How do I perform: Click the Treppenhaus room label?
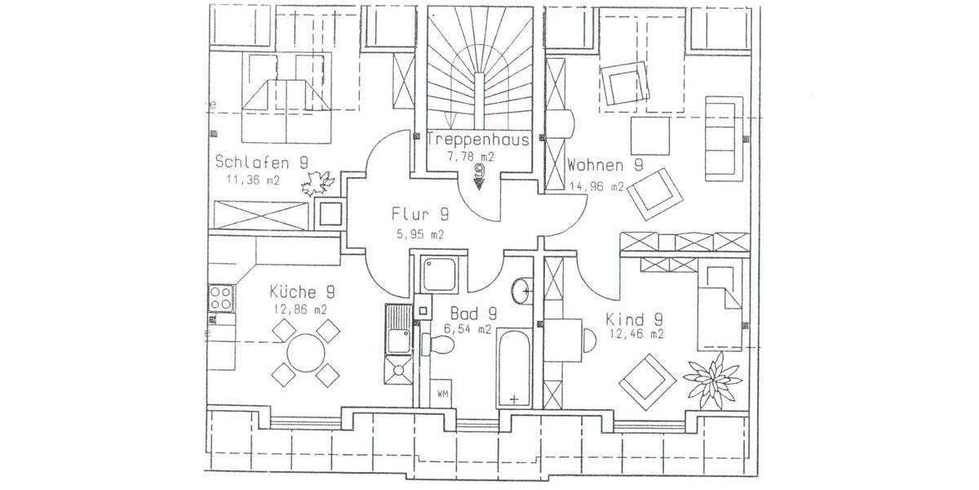point(479,140)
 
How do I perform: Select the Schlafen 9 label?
point(261,162)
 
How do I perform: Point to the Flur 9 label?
point(420,215)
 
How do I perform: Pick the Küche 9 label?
point(300,292)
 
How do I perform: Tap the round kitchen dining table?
point(305,352)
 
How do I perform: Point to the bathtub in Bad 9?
point(514,368)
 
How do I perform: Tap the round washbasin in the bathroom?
point(522,289)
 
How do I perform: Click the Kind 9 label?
point(634,318)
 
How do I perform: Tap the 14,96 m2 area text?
point(596,186)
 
